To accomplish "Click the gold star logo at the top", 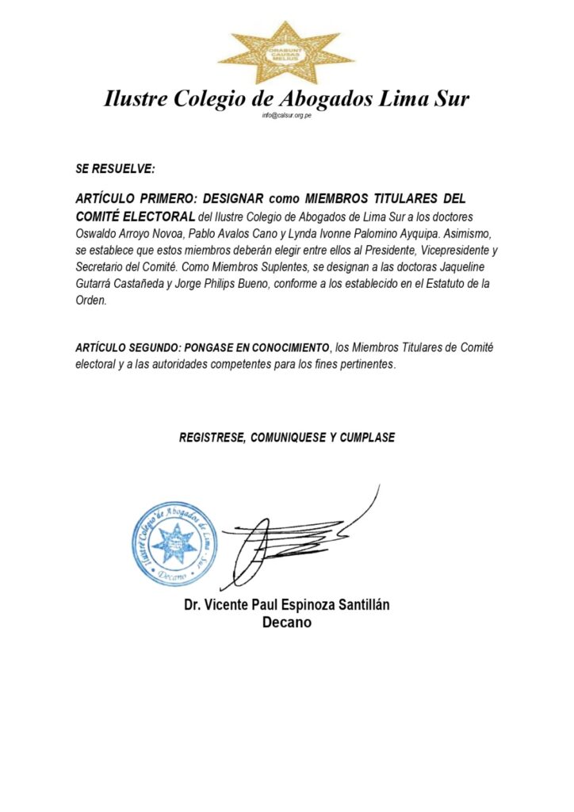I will coord(286,53).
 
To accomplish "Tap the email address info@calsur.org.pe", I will coord(286,116).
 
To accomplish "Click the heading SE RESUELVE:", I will coord(115,169).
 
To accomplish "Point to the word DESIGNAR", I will coord(232,197).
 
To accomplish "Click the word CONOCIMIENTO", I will coord(277,348).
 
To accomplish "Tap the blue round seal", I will coord(174,543).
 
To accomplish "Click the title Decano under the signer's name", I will coord(286,623).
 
